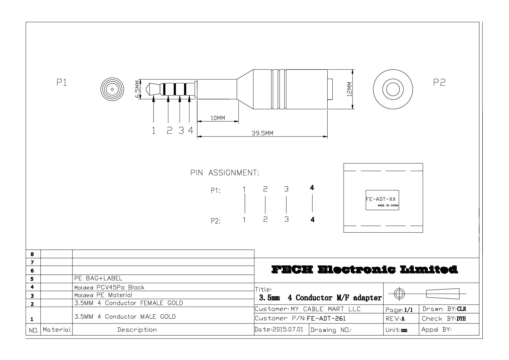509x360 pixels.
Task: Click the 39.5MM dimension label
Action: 262,133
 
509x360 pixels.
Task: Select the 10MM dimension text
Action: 218,118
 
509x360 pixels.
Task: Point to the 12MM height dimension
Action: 349,89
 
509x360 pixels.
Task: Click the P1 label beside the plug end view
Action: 62,82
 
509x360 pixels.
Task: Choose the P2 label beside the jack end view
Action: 439,82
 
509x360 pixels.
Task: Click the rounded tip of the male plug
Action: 148,89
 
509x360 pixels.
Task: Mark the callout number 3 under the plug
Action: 181,130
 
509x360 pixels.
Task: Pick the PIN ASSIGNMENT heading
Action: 225,173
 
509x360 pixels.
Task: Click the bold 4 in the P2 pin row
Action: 313,220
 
